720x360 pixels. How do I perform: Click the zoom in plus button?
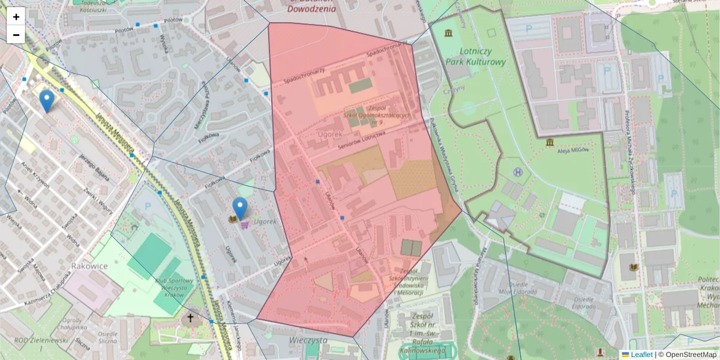[x=16, y=17]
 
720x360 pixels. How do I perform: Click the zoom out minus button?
[x=16, y=35]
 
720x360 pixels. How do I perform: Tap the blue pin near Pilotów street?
[x=46, y=101]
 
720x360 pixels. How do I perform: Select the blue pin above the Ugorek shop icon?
[x=240, y=208]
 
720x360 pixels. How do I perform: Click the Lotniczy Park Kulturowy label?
[x=476, y=56]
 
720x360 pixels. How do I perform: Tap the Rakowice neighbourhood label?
[x=89, y=265]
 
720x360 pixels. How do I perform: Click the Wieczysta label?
[x=307, y=339]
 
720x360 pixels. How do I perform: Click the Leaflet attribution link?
[x=641, y=355]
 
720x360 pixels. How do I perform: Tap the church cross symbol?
[x=190, y=317]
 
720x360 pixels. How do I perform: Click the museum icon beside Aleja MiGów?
[x=550, y=142]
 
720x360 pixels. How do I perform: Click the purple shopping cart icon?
[x=245, y=225]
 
